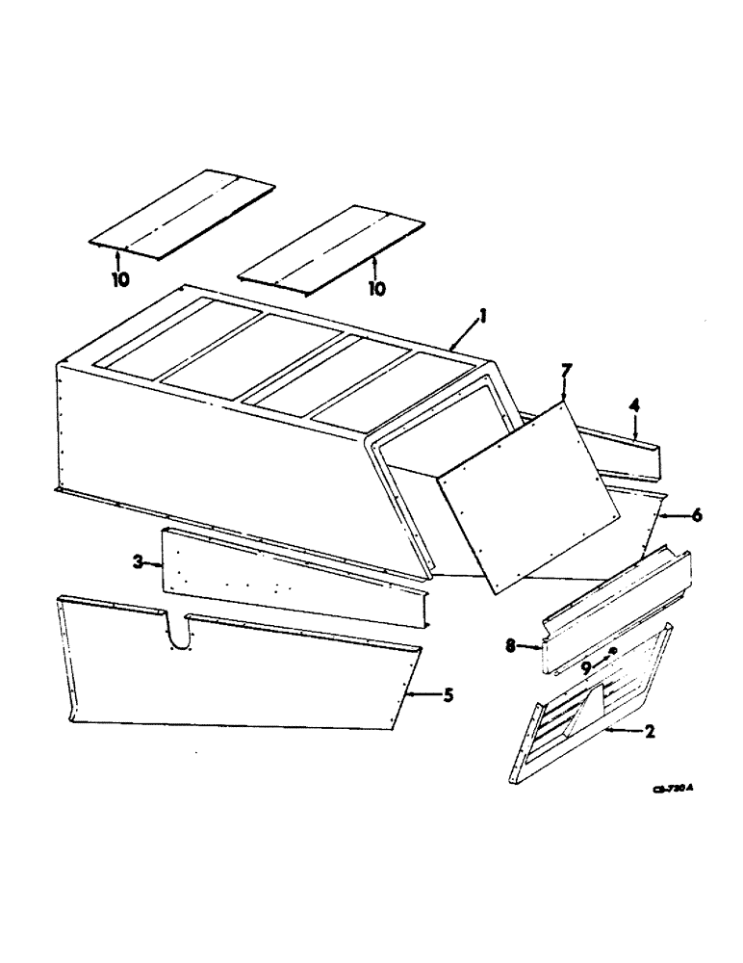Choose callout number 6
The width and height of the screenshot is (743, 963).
(697, 515)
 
